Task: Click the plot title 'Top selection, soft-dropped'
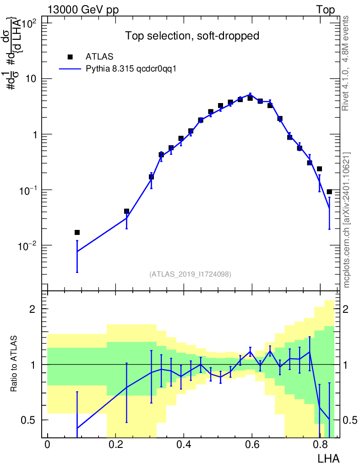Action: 192,36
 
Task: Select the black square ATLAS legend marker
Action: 70,57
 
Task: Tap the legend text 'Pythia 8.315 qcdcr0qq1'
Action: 131,69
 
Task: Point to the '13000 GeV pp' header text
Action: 83,10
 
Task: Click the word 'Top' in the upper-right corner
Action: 325,10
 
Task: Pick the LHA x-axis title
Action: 328,458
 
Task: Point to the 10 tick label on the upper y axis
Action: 31,79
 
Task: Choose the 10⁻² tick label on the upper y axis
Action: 27,245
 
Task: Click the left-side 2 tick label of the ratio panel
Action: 33,309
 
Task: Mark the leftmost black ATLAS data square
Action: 77,232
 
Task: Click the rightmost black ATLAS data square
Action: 329,192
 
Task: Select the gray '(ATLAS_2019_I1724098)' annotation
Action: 190,274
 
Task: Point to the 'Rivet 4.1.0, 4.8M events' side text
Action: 346,63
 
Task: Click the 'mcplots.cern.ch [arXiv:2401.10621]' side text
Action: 346,220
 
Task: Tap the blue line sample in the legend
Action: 70,69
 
